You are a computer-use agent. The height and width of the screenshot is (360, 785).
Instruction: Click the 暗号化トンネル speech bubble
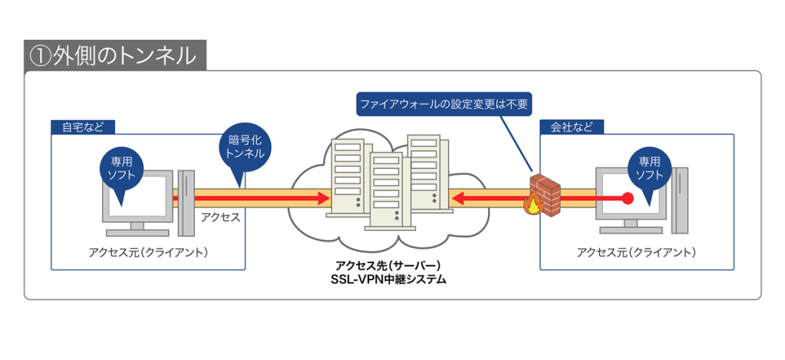click(x=246, y=146)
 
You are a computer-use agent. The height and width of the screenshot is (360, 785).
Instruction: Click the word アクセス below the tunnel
click(x=220, y=217)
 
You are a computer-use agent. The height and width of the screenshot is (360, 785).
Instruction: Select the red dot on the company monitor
click(x=627, y=198)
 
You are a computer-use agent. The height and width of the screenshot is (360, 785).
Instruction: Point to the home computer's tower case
click(x=185, y=201)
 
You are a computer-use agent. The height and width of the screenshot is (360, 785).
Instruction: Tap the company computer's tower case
click(x=678, y=201)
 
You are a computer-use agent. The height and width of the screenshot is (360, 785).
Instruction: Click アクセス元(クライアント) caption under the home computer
click(x=148, y=253)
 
